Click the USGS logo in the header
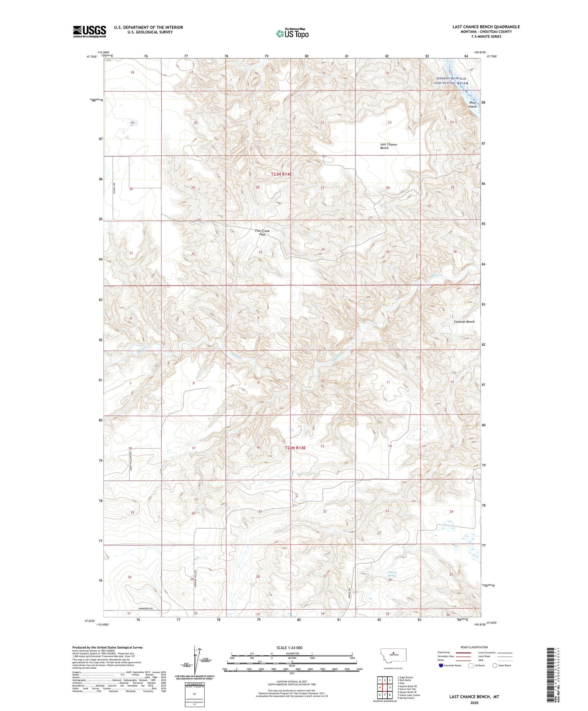[x=89, y=31]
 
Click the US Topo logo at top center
[x=292, y=33]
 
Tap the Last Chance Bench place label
[x=388, y=146]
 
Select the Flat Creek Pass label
[x=262, y=232]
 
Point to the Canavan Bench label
[x=464, y=322]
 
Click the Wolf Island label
[x=473, y=105]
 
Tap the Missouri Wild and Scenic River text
[x=451, y=81]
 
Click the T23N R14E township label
[x=281, y=174]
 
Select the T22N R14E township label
[x=295, y=447]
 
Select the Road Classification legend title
[x=474, y=647]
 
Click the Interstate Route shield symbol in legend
[x=441, y=666]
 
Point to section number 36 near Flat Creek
[x=455, y=251]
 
